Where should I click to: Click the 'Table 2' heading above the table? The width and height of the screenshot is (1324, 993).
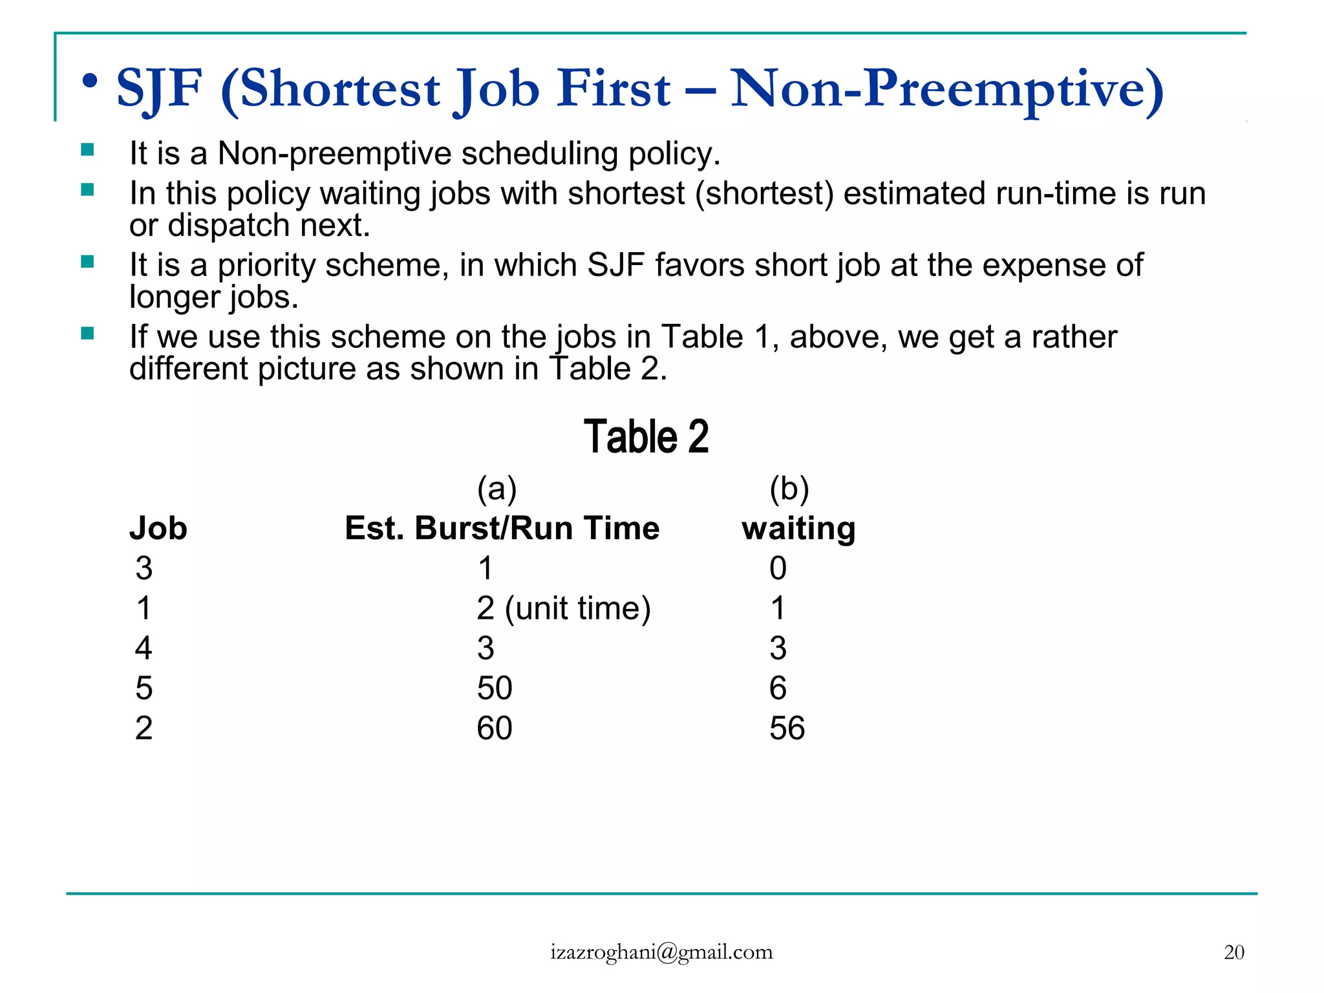pos(646,436)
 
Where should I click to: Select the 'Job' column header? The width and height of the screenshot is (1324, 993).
pos(158,528)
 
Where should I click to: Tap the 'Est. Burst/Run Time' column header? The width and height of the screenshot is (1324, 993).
pos(502,528)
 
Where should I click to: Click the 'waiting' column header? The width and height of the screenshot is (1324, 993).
pos(798,528)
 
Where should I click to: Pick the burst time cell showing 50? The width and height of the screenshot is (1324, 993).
pos(495,688)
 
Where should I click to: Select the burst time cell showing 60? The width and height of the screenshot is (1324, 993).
pos(495,728)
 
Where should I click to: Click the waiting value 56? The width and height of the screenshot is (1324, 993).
pos(787,728)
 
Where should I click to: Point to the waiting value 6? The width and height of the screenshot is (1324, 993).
pos(778,688)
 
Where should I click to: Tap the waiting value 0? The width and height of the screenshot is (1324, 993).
pos(778,568)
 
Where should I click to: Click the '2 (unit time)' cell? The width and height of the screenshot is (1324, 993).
pos(563,608)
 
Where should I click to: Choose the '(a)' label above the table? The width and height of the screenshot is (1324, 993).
pos(496,489)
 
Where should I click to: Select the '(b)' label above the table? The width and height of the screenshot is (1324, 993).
pos(789,489)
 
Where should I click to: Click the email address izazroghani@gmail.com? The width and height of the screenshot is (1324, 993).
pos(661,952)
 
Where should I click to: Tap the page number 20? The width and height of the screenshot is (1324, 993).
pos(1233,952)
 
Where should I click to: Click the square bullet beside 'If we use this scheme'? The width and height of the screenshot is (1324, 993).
pos(87,334)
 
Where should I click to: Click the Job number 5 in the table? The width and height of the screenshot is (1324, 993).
pos(144,688)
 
